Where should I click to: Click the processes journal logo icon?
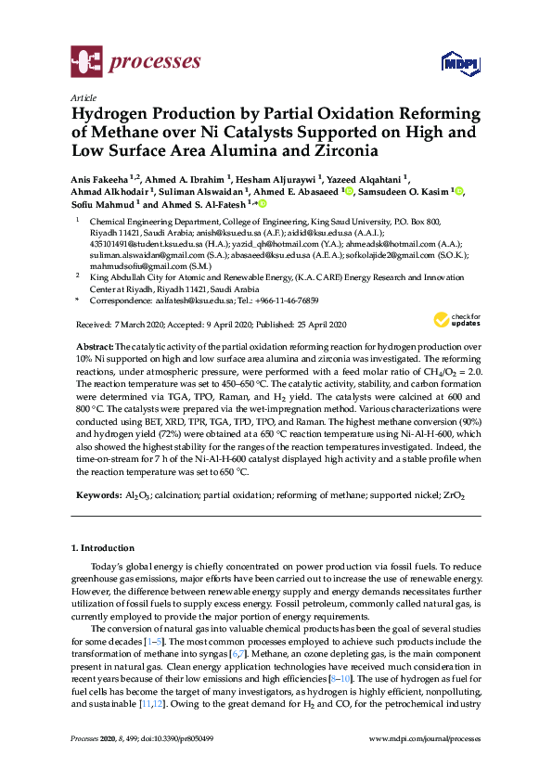(86, 63)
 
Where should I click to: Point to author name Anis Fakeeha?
(104, 179)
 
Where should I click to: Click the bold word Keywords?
(98, 496)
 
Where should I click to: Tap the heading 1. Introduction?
(103, 548)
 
